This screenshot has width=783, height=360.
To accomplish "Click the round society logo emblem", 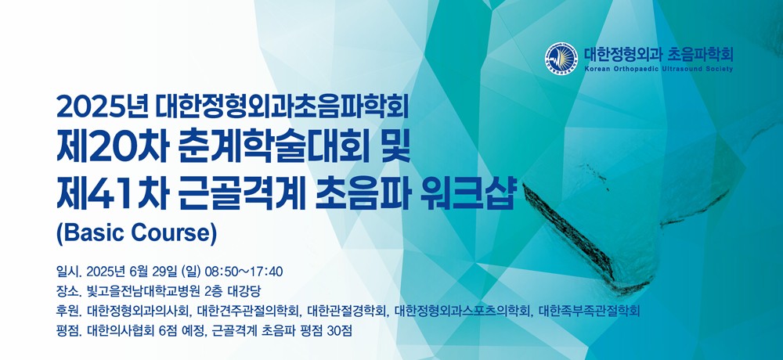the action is [x=561, y=58].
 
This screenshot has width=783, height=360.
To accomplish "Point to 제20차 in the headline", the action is [x=111, y=149].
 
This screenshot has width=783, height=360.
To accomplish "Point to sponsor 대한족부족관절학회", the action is [x=590, y=311].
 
